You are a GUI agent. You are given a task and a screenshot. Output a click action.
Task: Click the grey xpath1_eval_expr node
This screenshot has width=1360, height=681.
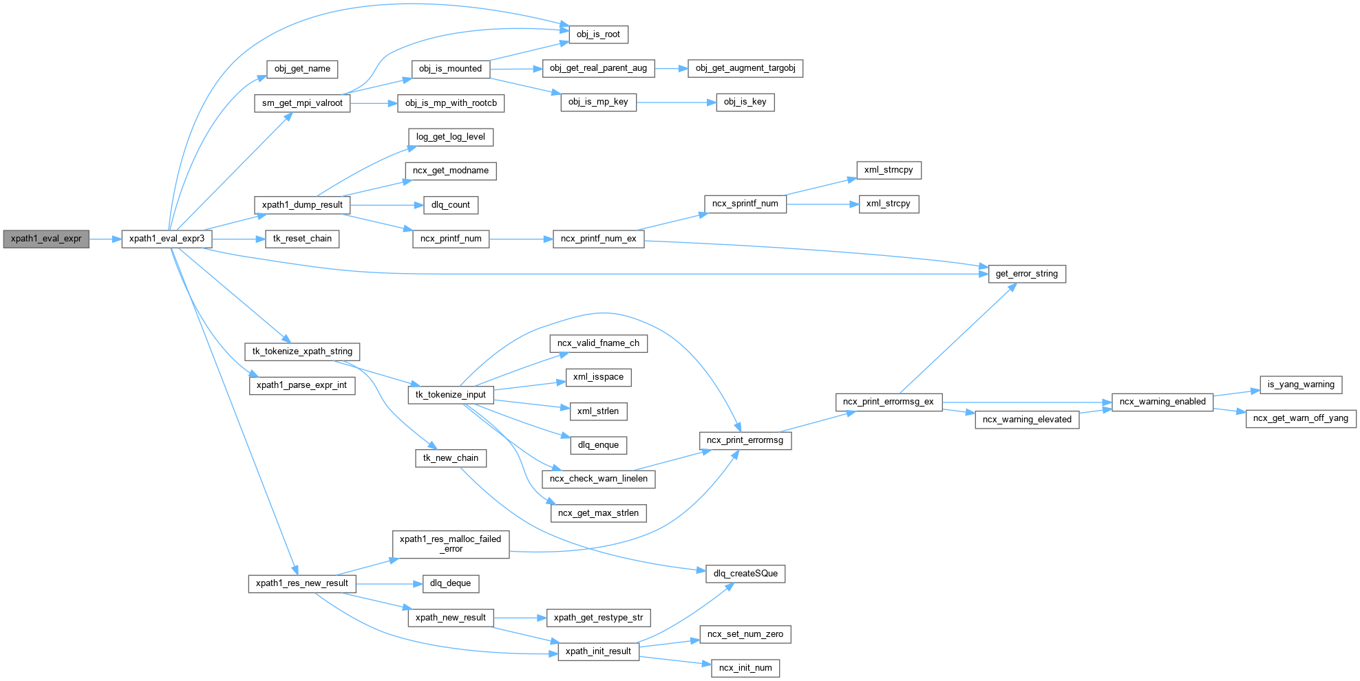pyautogui.click(x=46, y=239)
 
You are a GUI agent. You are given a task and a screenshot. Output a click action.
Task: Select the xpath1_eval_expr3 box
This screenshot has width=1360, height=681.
pyautogui.click(x=167, y=239)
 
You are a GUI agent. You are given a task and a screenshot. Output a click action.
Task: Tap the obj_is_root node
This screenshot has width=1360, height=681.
pyautogui.click(x=598, y=34)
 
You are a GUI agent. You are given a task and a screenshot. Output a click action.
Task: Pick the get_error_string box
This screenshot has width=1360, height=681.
pyautogui.click(x=1026, y=274)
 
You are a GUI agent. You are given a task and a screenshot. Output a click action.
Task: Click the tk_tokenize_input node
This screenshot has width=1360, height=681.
pyautogui.click(x=450, y=395)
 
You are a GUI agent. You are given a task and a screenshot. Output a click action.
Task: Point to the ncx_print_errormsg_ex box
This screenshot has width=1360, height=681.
pyautogui.click(x=888, y=402)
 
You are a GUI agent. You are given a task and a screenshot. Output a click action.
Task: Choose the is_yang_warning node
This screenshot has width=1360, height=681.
pyautogui.click(x=1300, y=385)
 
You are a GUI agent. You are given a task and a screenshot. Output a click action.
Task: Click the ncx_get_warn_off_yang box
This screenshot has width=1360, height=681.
pyautogui.click(x=1300, y=418)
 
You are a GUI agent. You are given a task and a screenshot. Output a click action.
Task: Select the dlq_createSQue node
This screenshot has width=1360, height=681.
pyautogui.click(x=745, y=574)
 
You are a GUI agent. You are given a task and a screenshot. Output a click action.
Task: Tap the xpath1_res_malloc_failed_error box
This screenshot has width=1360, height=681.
pyautogui.click(x=451, y=544)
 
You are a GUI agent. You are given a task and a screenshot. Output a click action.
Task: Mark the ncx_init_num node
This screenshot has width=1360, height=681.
pyautogui.click(x=745, y=668)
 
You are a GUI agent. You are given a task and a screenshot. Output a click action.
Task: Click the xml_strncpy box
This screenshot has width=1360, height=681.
pyautogui.click(x=888, y=170)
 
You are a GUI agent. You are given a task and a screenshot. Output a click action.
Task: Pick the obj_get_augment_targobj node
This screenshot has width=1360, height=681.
pyautogui.click(x=745, y=68)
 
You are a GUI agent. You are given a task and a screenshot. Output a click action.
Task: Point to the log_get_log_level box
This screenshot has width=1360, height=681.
pyautogui.click(x=450, y=137)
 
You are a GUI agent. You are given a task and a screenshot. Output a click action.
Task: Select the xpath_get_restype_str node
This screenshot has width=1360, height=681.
pyautogui.click(x=598, y=618)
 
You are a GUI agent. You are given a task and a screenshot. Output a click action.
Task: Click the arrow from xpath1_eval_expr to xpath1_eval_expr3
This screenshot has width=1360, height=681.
pyautogui.click(x=105, y=239)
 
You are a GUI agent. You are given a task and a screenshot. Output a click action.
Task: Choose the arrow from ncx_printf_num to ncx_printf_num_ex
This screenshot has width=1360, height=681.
pyautogui.click(x=520, y=239)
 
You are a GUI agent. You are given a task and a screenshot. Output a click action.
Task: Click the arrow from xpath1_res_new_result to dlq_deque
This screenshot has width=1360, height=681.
pyautogui.click(x=388, y=584)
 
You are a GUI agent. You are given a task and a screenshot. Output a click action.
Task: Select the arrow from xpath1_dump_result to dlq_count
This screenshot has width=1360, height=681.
pyautogui.click(x=381, y=205)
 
